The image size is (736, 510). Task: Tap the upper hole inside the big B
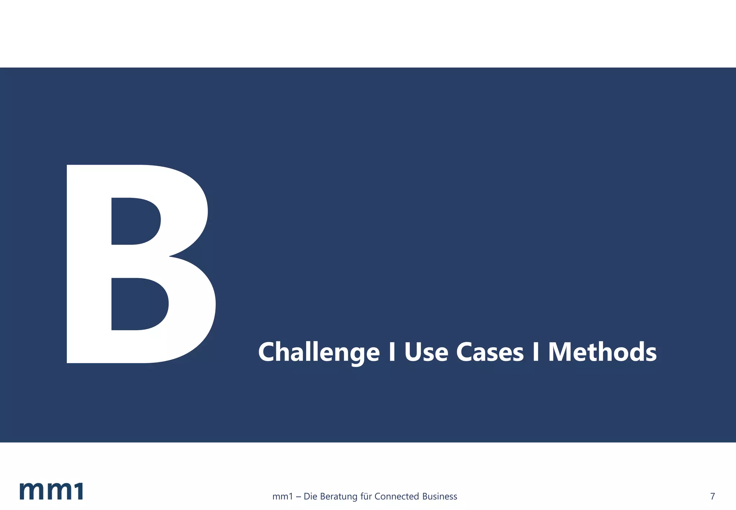click(x=135, y=221)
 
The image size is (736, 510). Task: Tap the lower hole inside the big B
click(x=138, y=304)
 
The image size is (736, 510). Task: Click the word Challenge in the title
click(x=319, y=352)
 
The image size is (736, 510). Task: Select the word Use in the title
click(x=426, y=352)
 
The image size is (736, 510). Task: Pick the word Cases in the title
click(x=490, y=352)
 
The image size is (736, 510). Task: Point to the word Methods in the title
click(x=602, y=352)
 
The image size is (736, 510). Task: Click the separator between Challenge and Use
click(x=392, y=352)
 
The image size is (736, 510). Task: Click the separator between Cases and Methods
click(x=535, y=352)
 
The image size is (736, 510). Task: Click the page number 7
click(x=713, y=497)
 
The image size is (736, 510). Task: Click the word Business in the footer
click(x=440, y=497)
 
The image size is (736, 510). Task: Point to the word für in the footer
click(x=366, y=497)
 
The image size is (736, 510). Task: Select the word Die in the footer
click(x=310, y=497)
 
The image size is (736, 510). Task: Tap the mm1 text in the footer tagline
click(x=282, y=497)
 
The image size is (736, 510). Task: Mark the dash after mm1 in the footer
click(x=298, y=497)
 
